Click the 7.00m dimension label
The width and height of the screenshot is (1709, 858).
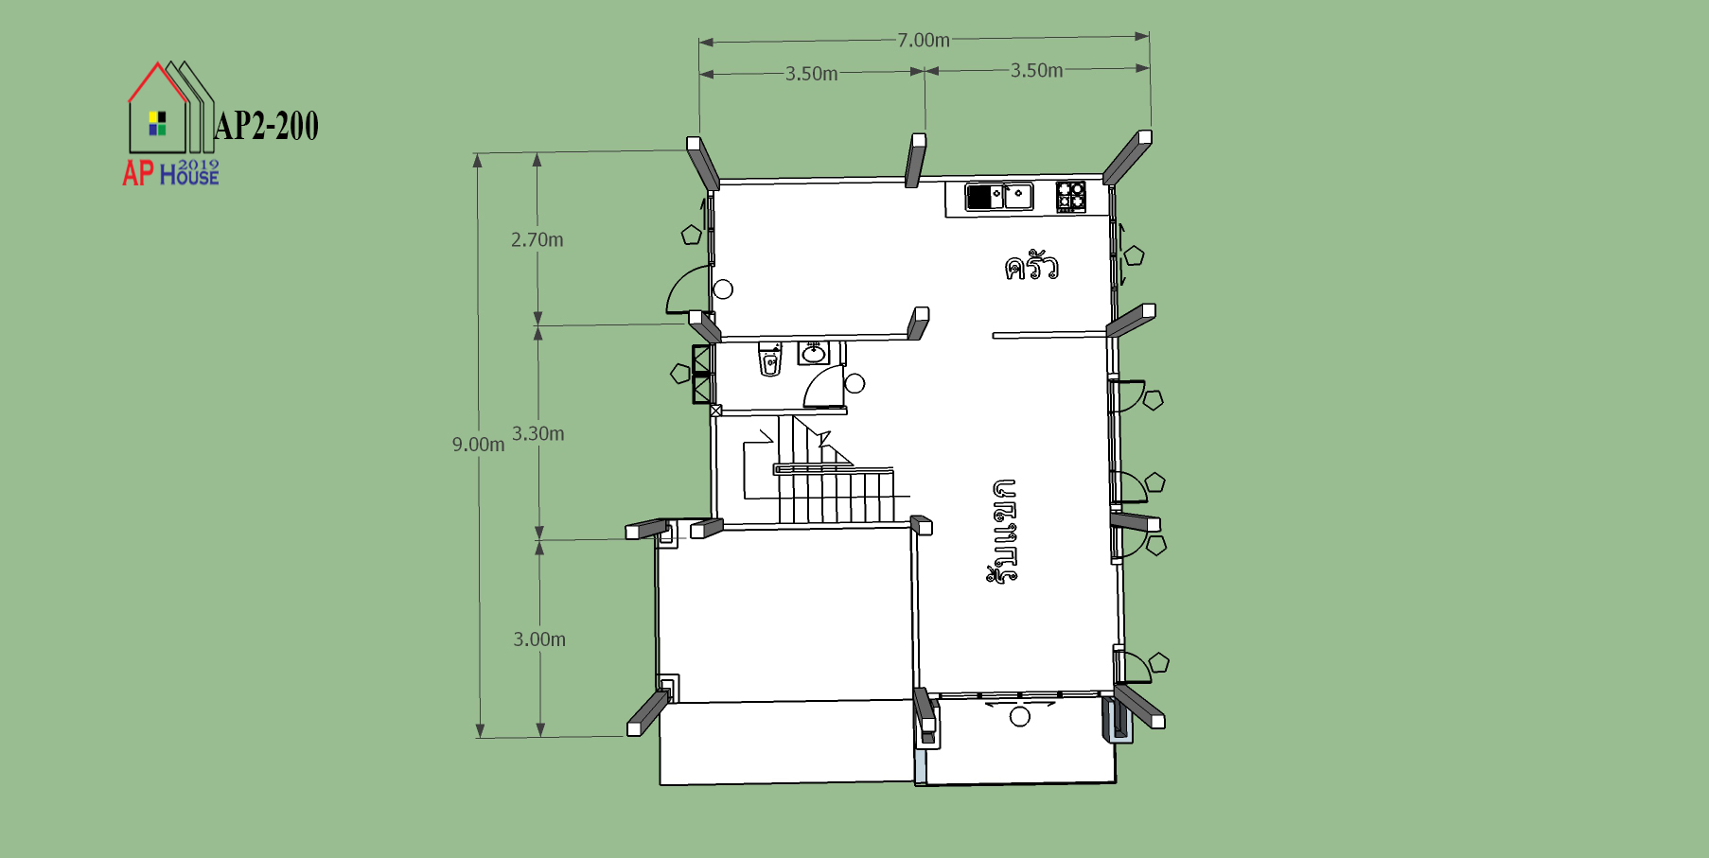pos(924,40)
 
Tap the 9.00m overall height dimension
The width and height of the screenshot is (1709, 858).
pos(478,445)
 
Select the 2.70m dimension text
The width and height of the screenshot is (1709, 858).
pos(537,240)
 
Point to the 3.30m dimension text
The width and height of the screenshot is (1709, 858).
pos(537,434)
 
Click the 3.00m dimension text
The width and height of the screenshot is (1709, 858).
pos(539,639)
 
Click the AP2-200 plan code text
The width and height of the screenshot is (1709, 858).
pos(267,126)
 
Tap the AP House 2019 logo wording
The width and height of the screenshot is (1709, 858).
pos(170,172)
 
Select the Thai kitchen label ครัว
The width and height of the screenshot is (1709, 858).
pos(1031,266)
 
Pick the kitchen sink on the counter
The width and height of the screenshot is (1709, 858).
pos(999,197)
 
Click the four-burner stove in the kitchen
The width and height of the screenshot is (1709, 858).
pos(1071,197)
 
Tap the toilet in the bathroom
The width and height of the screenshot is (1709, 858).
pos(770,360)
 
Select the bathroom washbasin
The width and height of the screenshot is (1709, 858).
pos(813,353)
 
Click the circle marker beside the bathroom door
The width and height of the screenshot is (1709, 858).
pos(854,383)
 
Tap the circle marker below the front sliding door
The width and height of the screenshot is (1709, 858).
pos(1020,717)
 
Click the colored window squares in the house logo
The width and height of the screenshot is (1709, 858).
pos(157,124)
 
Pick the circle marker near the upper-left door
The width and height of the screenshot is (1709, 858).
pos(723,289)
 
